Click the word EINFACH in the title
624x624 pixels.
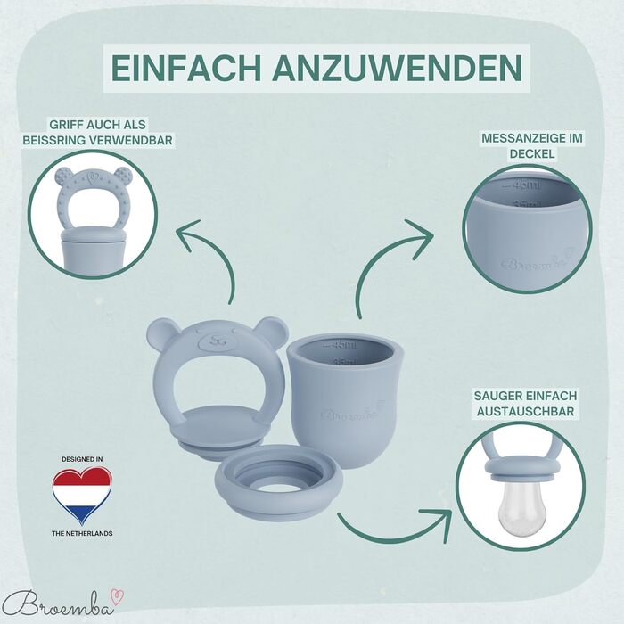[185, 68]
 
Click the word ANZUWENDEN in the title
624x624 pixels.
[398, 68]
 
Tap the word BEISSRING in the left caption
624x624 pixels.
[53, 140]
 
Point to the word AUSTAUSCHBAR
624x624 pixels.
[525, 412]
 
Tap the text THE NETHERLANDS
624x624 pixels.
[82, 533]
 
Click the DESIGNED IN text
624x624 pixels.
[82, 459]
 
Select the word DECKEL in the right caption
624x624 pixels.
[532, 153]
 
